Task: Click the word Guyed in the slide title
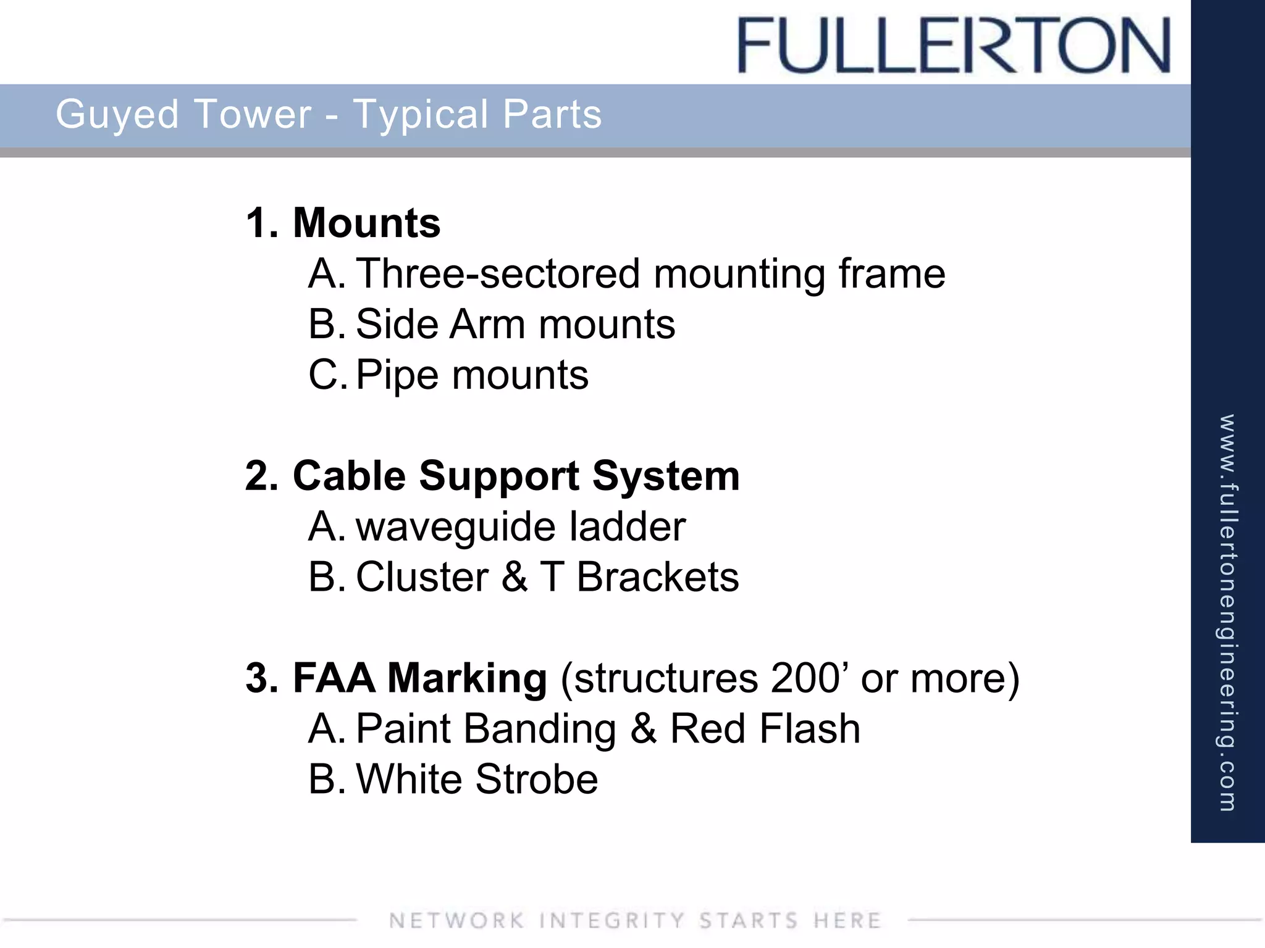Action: [117, 115]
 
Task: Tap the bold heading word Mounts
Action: [366, 223]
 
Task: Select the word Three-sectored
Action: [498, 273]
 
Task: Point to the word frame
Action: [891, 273]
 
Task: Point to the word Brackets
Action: [657, 578]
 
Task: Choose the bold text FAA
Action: [333, 678]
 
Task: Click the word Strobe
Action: [536, 780]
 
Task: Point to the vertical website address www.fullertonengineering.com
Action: [1227, 612]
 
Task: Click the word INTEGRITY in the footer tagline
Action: [611, 920]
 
